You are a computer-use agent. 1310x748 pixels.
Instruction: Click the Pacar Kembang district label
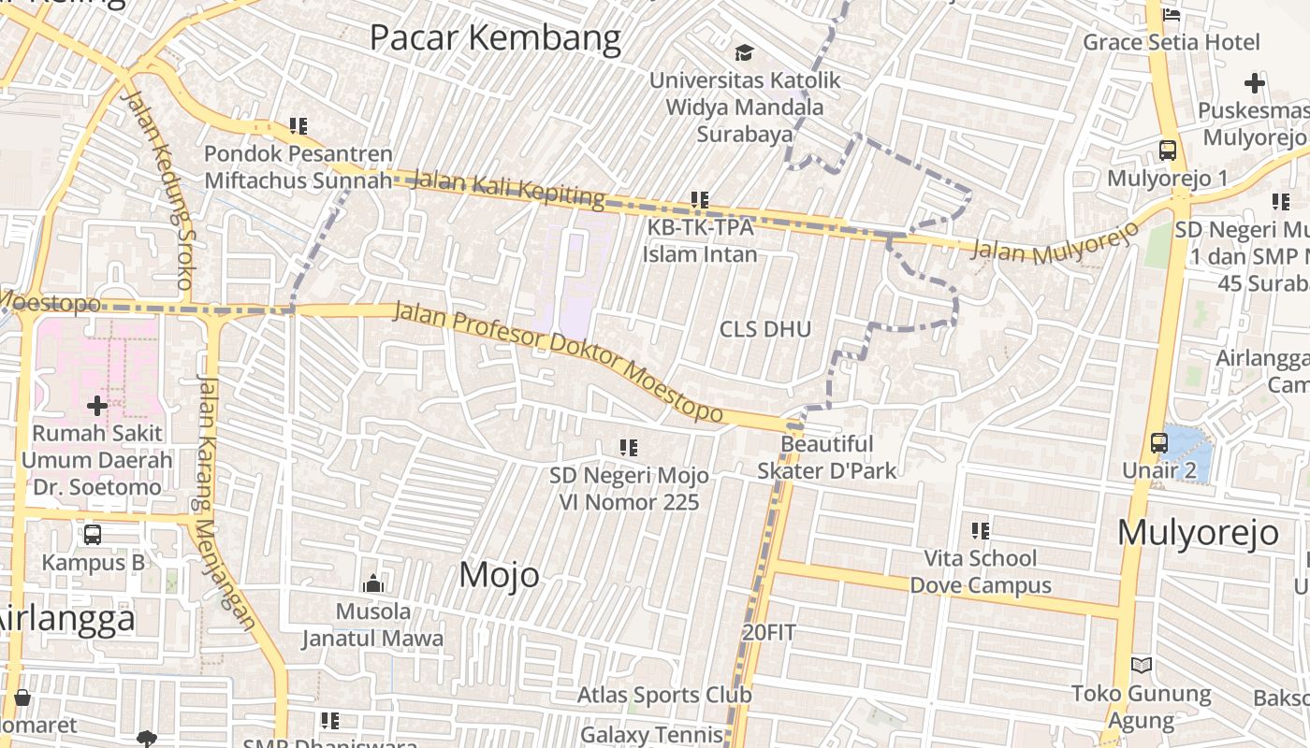coord(495,38)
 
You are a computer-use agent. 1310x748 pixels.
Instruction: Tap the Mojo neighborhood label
coord(499,575)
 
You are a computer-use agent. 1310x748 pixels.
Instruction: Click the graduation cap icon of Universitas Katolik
coord(744,52)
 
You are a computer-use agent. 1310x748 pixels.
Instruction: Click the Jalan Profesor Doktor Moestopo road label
coord(558,360)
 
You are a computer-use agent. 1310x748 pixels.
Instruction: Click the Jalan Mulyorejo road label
coord(1055,243)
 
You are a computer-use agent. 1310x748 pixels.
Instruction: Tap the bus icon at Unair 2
coord(1159,443)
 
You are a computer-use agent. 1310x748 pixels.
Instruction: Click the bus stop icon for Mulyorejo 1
coord(1168,151)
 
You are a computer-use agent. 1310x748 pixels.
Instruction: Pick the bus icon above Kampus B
coord(93,535)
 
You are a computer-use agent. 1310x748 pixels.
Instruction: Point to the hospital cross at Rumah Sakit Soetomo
coord(96,406)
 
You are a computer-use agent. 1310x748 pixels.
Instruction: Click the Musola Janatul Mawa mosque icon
coord(373,583)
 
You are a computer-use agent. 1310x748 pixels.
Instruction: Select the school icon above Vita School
coord(981,531)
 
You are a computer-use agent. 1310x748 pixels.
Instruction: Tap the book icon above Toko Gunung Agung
coord(1142,665)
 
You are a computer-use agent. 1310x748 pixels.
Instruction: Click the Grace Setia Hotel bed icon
coord(1171,14)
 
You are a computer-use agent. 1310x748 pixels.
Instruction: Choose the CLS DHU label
coord(764,329)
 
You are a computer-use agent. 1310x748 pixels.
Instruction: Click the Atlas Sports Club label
coord(663,696)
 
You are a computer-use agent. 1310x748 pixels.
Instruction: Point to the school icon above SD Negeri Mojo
coord(629,448)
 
